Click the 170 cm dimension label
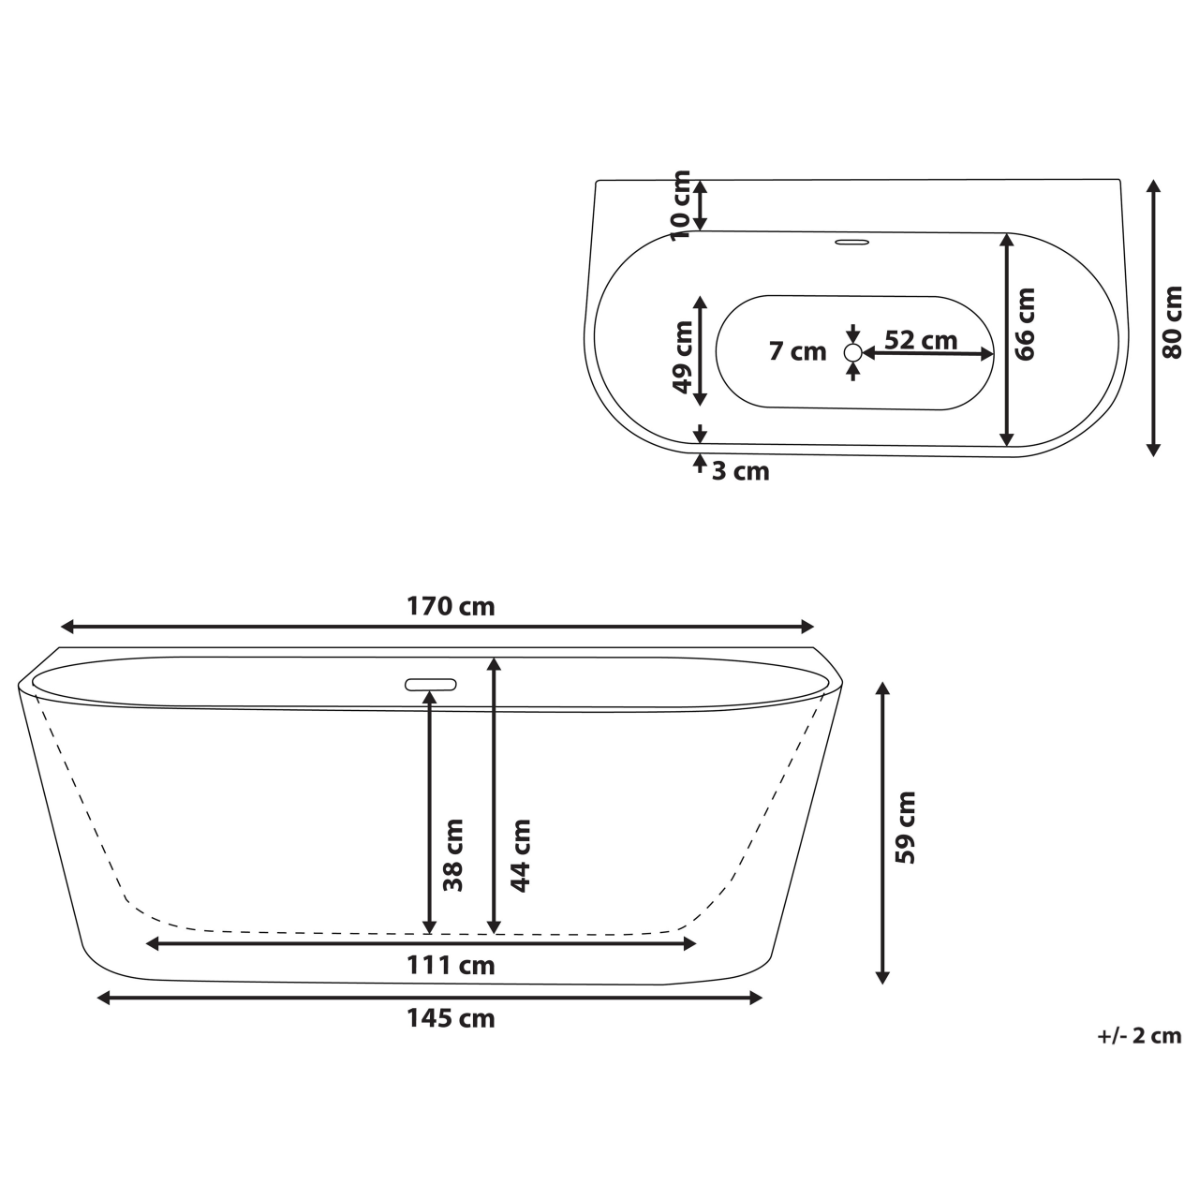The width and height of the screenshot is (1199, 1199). pyautogui.click(x=450, y=606)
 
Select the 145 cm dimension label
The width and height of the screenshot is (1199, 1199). pyautogui.click(x=450, y=1018)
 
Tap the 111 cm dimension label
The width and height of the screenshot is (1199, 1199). pyautogui.click(x=450, y=964)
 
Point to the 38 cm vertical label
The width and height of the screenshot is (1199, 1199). pyautogui.click(x=453, y=854)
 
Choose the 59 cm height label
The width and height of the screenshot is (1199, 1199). pyautogui.click(x=905, y=828)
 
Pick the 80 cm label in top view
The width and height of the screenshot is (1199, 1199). pyautogui.click(x=1172, y=322)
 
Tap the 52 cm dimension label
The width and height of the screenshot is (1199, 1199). pyautogui.click(x=921, y=340)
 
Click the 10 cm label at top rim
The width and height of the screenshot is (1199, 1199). pyautogui.click(x=681, y=204)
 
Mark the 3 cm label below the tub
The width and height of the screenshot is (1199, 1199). pyautogui.click(x=740, y=471)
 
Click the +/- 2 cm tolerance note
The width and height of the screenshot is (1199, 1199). pyautogui.click(x=1138, y=1036)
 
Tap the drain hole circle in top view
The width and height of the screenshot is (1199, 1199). pyautogui.click(x=852, y=353)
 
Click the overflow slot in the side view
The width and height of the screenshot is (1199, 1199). pyautogui.click(x=431, y=684)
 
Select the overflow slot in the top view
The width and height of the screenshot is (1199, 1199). pyautogui.click(x=851, y=243)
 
